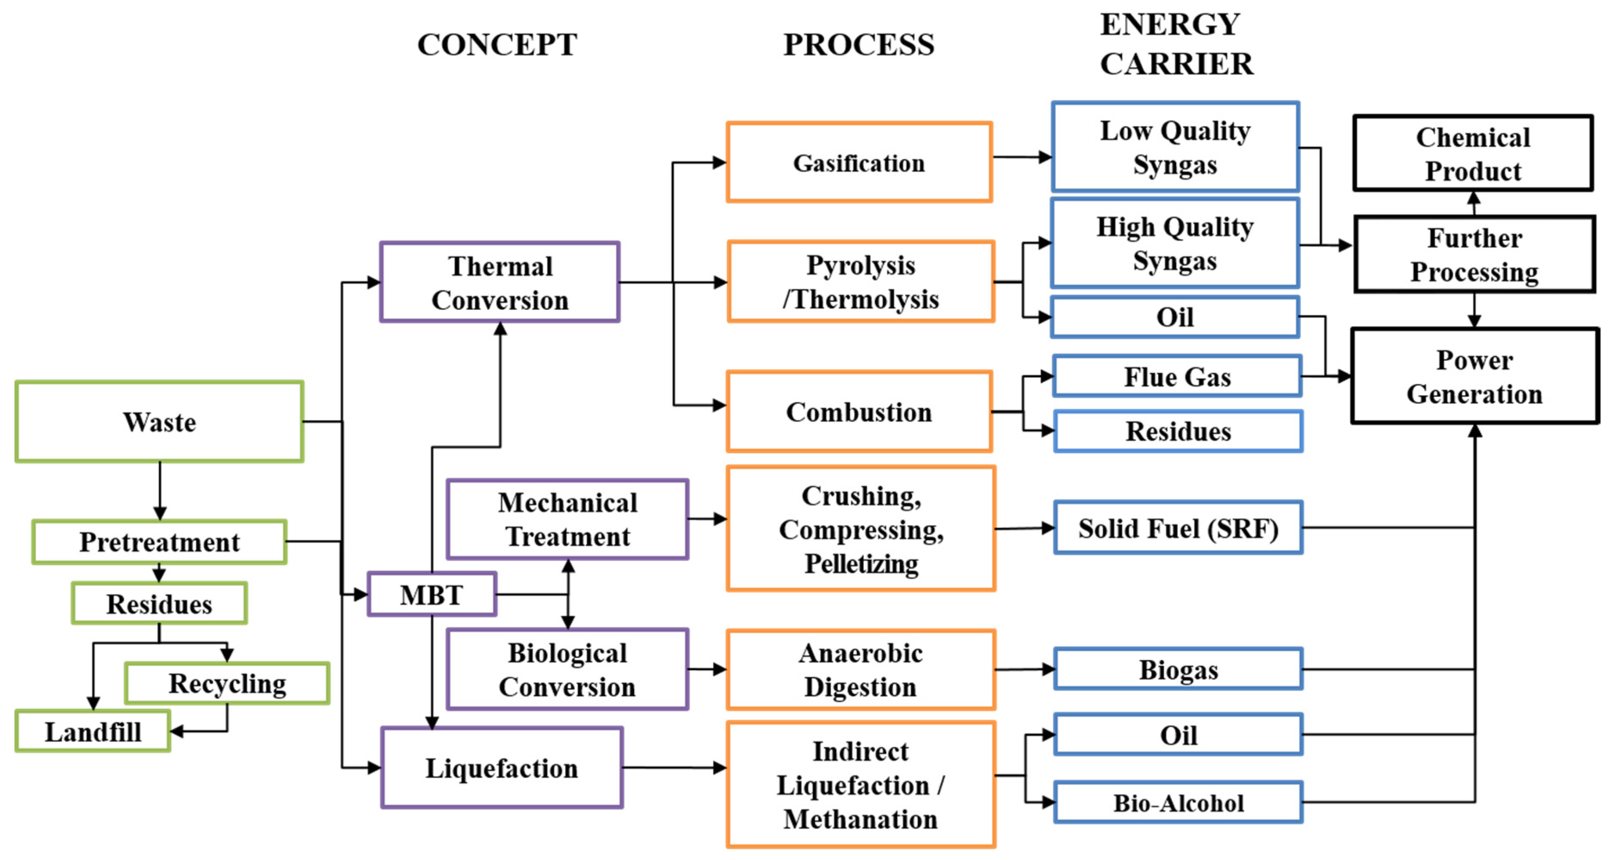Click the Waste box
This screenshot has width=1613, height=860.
coord(159,421)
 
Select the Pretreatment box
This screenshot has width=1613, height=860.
coord(159,542)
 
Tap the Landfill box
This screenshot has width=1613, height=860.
coord(93,731)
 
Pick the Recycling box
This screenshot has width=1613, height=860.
coord(227,683)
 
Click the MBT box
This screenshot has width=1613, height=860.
coord(432,594)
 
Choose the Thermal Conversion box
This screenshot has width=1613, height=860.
coord(500,282)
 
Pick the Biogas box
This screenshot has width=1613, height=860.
coord(1178,669)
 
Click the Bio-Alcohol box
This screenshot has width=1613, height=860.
coord(1178,802)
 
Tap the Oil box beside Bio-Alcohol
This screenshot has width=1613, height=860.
coord(1178,734)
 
